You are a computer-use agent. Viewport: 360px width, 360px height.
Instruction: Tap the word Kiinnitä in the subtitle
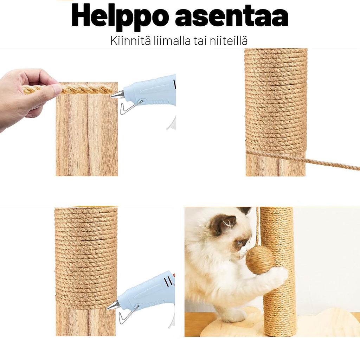(127, 41)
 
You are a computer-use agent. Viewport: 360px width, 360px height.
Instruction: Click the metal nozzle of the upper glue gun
(118, 95)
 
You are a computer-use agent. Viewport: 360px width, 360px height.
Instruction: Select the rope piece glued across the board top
(88, 89)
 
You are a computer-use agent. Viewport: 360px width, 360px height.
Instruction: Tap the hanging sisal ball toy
(259, 260)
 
